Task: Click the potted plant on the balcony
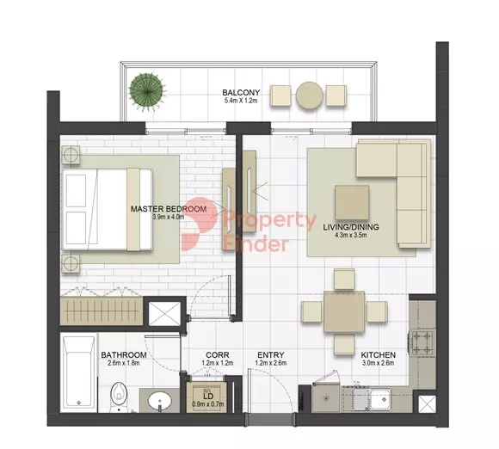click(147, 92)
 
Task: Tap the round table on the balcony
click(310, 95)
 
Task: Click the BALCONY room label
click(241, 93)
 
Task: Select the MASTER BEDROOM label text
click(169, 209)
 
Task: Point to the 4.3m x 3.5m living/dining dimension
click(351, 235)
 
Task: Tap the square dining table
click(344, 311)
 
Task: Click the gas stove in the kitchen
click(422, 343)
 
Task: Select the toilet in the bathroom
click(119, 397)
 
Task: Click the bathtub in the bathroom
click(78, 372)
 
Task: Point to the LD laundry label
click(208, 397)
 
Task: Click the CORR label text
click(218, 354)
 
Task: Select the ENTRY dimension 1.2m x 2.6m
click(271, 363)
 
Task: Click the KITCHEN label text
click(378, 354)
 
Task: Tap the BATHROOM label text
click(124, 354)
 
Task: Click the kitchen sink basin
click(381, 398)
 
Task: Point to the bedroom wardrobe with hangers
click(102, 311)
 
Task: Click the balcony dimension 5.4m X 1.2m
click(241, 101)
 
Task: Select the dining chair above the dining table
click(344, 279)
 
